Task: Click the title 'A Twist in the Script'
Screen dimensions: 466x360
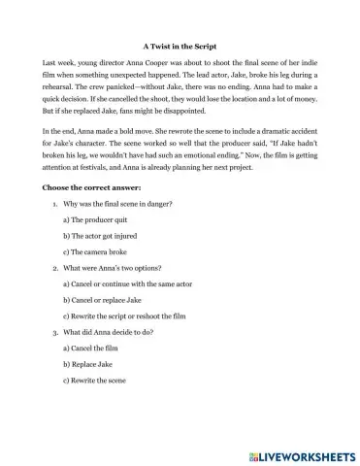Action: pos(180,45)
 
